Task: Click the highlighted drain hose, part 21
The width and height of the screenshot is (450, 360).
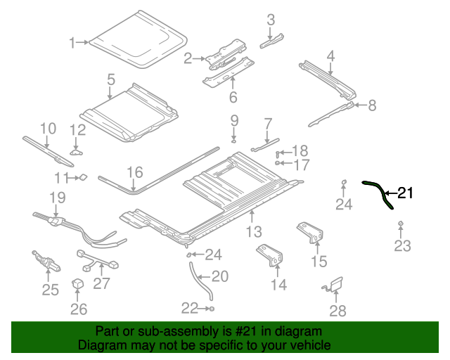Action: (379, 192)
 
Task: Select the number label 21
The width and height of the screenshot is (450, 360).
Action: (406, 193)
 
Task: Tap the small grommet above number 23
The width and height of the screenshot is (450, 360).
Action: (400, 224)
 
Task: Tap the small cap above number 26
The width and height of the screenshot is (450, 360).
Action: (78, 284)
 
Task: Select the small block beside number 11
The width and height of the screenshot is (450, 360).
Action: (82, 177)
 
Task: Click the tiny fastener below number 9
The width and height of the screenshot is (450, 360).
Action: (234, 141)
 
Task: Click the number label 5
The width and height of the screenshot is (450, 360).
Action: (111, 80)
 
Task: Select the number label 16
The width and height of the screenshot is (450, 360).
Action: (134, 172)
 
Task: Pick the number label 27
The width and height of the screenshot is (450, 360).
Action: (102, 283)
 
